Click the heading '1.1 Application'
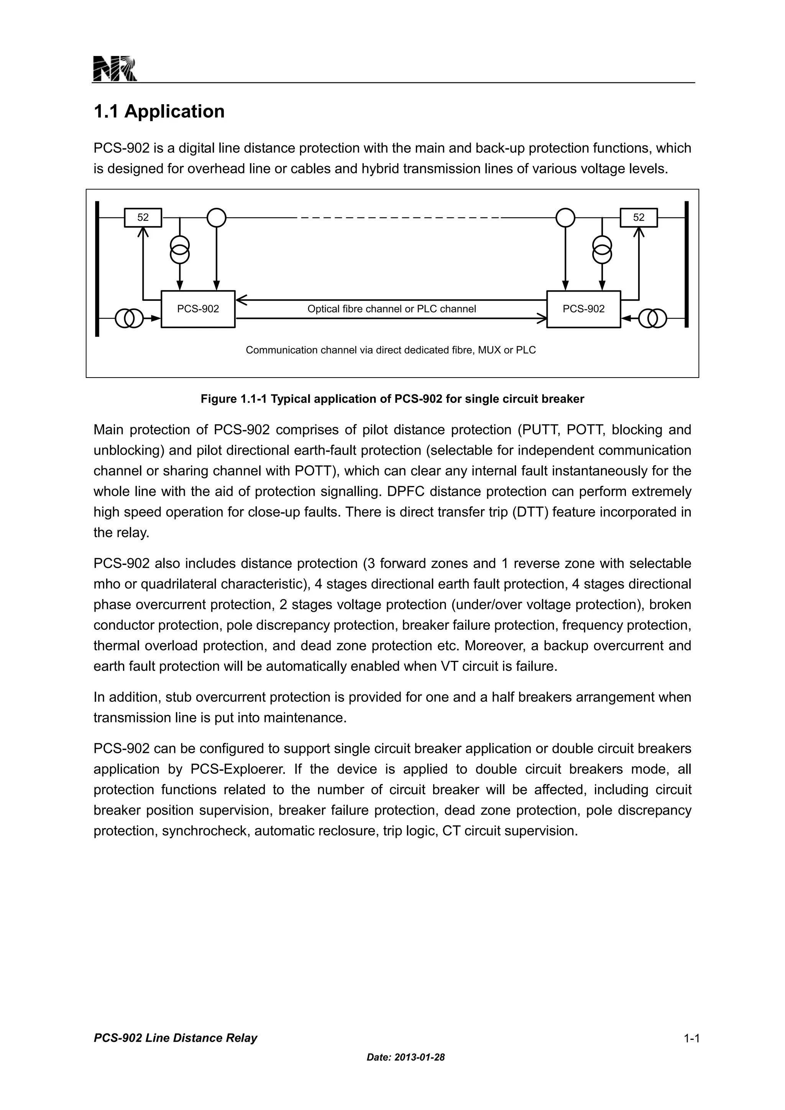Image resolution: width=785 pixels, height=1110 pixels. click(159, 112)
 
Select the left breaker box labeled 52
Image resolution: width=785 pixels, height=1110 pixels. click(143, 218)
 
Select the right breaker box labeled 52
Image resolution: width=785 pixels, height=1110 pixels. click(639, 218)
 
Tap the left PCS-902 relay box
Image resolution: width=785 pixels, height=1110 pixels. click(198, 309)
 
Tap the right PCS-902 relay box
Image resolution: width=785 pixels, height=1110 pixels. click(583, 309)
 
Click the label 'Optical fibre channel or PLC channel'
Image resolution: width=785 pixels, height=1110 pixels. click(391, 309)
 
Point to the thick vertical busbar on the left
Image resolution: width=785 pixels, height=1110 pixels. click(97, 268)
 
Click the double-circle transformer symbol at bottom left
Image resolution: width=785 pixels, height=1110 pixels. click(129, 318)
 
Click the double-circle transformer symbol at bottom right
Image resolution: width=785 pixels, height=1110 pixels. click(652, 318)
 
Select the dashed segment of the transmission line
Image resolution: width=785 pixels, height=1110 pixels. click(400, 218)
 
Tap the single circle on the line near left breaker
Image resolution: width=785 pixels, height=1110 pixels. click(217, 218)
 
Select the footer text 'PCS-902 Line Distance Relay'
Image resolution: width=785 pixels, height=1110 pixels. click(176, 1038)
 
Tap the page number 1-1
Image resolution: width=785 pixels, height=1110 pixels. click(691, 1038)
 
